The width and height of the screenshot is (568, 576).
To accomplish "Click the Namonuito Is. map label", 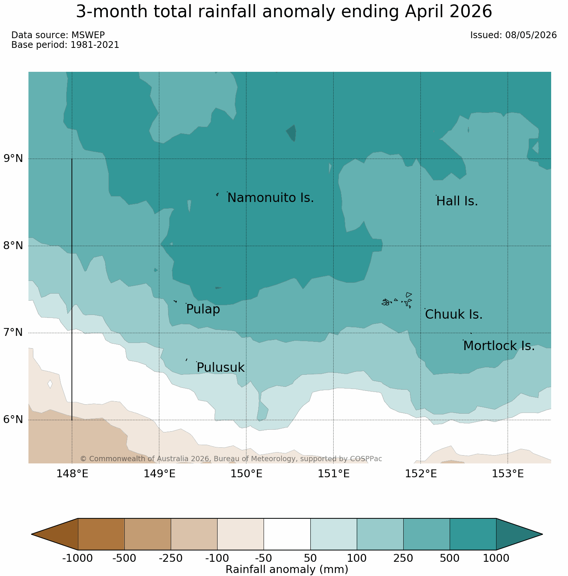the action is click(x=270, y=198).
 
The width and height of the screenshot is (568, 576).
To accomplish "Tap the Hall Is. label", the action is click(x=457, y=201).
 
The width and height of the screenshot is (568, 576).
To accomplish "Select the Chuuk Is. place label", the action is click(x=454, y=315).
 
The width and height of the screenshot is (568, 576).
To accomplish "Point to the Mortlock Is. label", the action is click(x=499, y=346).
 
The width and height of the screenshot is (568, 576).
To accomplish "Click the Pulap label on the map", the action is click(x=203, y=310).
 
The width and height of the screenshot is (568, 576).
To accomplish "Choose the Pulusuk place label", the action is click(x=221, y=368).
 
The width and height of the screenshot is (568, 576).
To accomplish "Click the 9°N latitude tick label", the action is click(x=13, y=159).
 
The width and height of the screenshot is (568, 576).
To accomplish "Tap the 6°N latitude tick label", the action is click(x=13, y=420).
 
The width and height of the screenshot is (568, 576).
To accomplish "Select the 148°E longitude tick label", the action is click(x=72, y=474).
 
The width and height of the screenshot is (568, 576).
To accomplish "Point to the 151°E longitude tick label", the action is click(x=334, y=474).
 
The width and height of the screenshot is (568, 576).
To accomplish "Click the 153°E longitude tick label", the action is click(x=508, y=474).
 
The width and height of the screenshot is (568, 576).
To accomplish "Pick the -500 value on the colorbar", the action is click(x=124, y=558).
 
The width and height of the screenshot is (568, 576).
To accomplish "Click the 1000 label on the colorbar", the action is click(x=496, y=558).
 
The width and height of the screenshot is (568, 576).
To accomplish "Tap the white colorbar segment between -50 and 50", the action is click(x=287, y=534).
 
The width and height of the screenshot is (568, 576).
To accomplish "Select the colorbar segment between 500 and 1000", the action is click(x=473, y=534).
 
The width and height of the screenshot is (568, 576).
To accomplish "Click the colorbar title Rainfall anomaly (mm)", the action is click(x=287, y=570).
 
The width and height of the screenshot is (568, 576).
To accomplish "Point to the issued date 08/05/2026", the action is click(x=531, y=35).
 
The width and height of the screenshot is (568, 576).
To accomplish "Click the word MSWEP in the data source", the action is click(x=88, y=35).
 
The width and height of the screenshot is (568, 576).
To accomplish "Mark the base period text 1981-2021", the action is click(x=95, y=45).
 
